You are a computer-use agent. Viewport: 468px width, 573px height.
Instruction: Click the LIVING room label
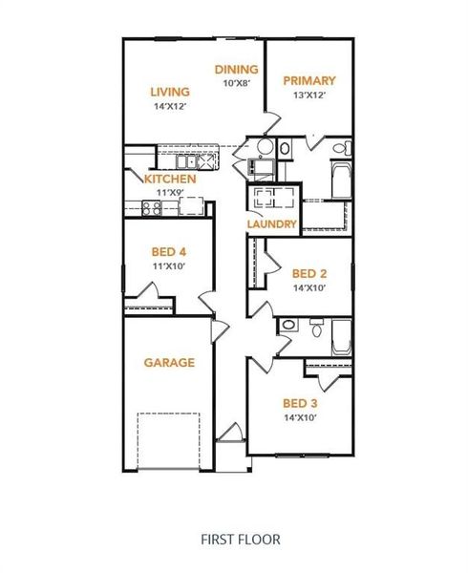coord(170,92)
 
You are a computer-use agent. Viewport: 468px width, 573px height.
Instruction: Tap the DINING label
coord(236,69)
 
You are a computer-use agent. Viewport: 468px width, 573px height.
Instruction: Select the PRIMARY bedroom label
coord(309,81)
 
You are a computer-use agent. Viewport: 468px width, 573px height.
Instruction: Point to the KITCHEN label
coord(170,179)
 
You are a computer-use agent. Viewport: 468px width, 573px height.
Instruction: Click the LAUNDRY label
coord(272,225)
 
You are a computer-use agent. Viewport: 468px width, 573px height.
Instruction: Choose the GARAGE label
coord(169,363)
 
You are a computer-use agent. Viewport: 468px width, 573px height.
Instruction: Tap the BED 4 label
coord(168,252)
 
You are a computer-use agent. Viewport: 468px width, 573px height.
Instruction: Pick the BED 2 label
coord(309,274)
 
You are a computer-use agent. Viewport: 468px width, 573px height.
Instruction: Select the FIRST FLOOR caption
coord(240,540)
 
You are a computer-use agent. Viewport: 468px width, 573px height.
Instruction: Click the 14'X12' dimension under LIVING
coord(171,106)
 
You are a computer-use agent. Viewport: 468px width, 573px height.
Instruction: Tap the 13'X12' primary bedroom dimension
coord(309,95)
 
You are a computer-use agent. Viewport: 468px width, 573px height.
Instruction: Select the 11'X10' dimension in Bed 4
coord(168,265)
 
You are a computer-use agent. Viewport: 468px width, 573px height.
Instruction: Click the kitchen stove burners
coord(151,211)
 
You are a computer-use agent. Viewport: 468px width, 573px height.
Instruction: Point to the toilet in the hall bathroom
coord(315,327)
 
